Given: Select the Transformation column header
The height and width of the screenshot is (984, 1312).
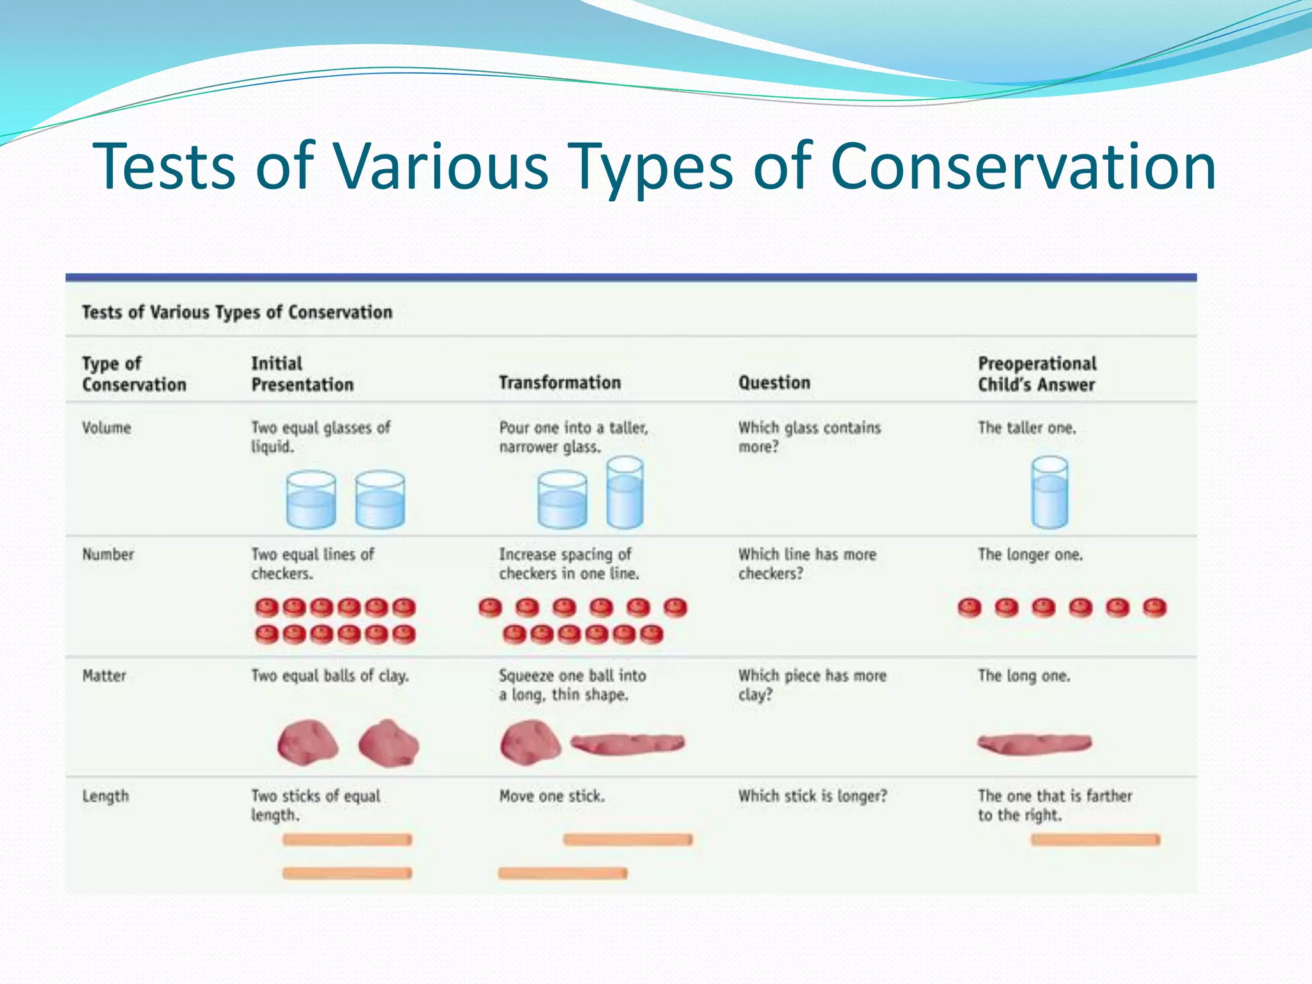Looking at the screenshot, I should click(559, 382).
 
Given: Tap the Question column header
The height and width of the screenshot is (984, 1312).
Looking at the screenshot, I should click(774, 382).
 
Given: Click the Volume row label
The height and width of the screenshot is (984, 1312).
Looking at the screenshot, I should click(106, 428).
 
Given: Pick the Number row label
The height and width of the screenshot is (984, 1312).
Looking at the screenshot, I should click(108, 554).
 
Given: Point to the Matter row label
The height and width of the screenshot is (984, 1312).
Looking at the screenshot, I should click(104, 675).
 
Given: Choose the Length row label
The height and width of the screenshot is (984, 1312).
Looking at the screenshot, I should click(105, 796).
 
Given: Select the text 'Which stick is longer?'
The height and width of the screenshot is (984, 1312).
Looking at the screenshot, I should click(812, 796).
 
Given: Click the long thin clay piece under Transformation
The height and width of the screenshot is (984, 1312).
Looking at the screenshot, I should click(627, 744).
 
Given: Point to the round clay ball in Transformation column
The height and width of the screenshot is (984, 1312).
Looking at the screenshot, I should click(529, 742).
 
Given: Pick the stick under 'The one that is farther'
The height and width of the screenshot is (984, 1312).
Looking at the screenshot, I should click(1095, 840).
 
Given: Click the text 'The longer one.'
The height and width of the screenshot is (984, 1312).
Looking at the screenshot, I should click(1029, 554).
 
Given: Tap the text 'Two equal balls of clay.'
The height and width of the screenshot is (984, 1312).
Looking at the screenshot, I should click(329, 675).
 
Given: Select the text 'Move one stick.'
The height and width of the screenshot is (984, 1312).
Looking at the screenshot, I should click(552, 796).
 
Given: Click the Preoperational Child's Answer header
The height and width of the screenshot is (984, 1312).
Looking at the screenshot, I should click(1037, 373).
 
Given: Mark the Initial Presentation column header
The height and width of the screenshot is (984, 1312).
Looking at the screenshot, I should click(302, 373).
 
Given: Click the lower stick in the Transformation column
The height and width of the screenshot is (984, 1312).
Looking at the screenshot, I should click(562, 873).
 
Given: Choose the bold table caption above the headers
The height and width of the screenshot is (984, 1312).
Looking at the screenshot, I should click(236, 312).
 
